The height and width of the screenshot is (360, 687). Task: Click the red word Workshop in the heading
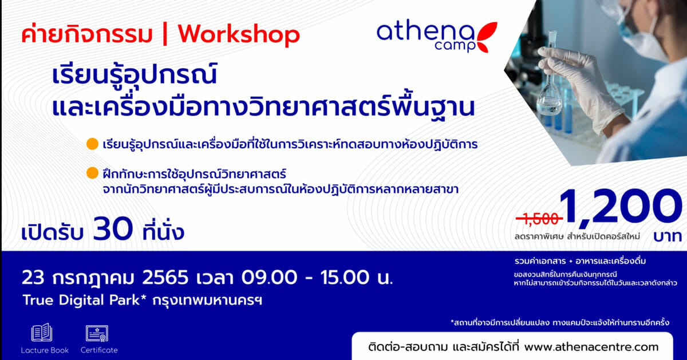pyautogui.click(x=239, y=35)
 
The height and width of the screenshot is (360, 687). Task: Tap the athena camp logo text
pyautogui.click(x=426, y=36)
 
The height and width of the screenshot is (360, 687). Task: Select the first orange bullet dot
pyautogui.click(x=92, y=144)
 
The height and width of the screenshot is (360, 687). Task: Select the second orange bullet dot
pyautogui.click(x=92, y=173)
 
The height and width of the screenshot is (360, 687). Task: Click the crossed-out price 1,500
pyautogui.click(x=539, y=219)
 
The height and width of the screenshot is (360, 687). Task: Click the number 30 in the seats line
pyautogui.click(x=113, y=229)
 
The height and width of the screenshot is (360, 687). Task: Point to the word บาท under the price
pyautogui.click(x=667, y=236)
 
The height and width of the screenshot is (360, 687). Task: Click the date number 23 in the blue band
pyautogui.click(x=33, y=278)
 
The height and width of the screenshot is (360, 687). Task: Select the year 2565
pyautogui.click(x=165, y=278)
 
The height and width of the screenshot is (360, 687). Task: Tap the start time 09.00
pyautogui.click(x=269, y=278)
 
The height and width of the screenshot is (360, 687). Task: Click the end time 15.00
pyautogui.click(x=345, y=278)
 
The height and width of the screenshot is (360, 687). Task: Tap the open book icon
pyautogui.click(x=42, y=333)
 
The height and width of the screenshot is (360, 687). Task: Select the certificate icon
pyautogui.click(x=97, y=333)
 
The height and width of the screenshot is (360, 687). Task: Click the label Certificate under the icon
pyautogui.click(x=99, y=350)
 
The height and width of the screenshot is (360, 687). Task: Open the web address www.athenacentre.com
pyautogui.click(x=591, y=347)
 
